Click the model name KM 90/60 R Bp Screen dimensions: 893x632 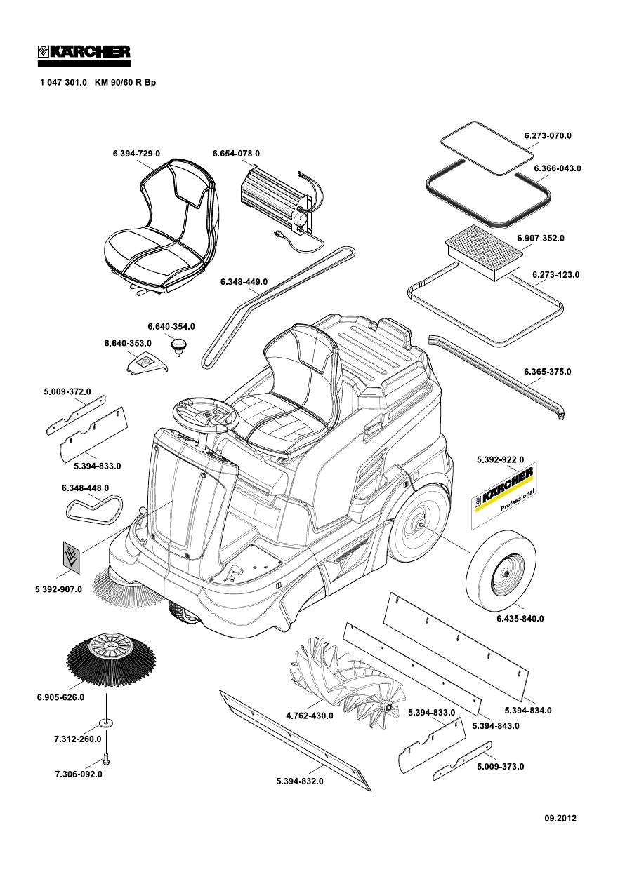pos(125,83)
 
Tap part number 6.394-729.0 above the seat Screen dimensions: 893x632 pos(136,153)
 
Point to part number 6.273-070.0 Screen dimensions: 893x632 pos(548,135)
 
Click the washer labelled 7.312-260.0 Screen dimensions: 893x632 pos(107,722)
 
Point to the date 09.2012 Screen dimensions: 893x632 pos(560,818)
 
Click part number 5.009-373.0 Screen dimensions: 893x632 pos(500,767)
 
